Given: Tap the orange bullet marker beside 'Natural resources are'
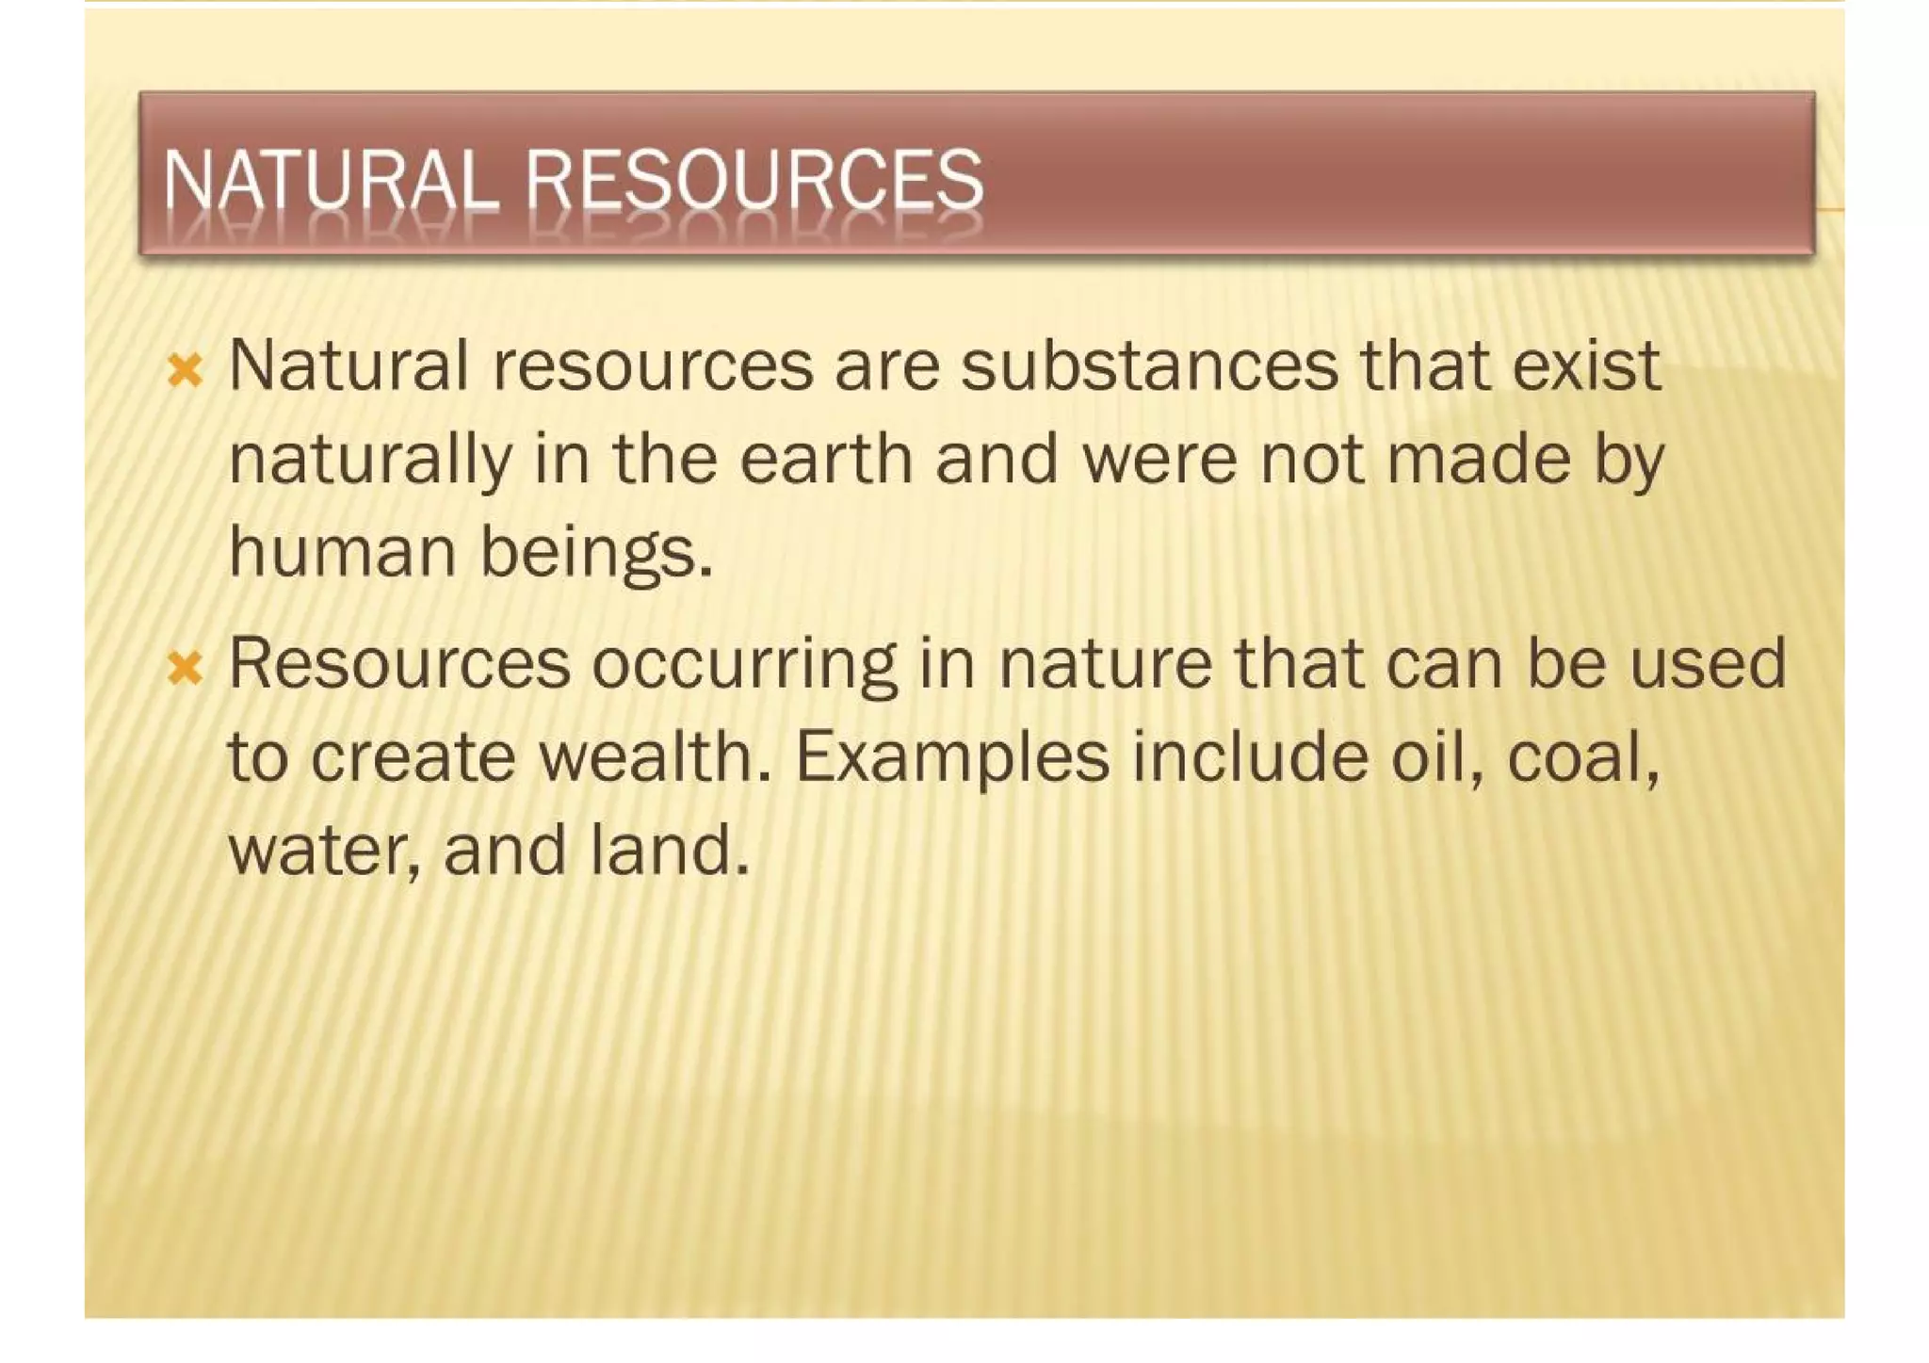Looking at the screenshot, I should click(x=185, y=371).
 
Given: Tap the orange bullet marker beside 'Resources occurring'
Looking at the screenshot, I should click(x=185, y=670).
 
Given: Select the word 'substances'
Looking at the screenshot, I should click(x=1148, y=365).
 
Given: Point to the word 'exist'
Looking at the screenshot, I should click(x=1586, y=365).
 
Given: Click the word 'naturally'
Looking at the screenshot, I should click(x=371, y=462).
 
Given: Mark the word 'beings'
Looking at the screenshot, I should click(x=590, y=554).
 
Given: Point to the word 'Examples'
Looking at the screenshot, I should click(x=952, y=759).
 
